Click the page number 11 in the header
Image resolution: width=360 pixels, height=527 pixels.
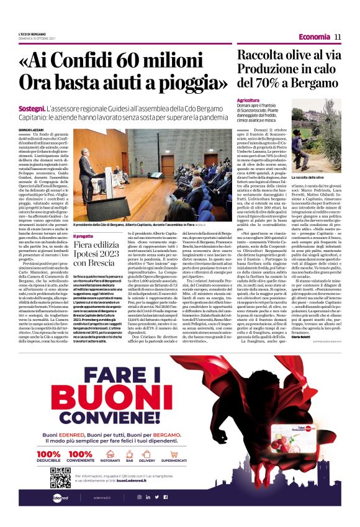338,37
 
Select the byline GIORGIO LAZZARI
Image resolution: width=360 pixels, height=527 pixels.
30,129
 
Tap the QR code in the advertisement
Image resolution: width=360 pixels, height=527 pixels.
60,478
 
